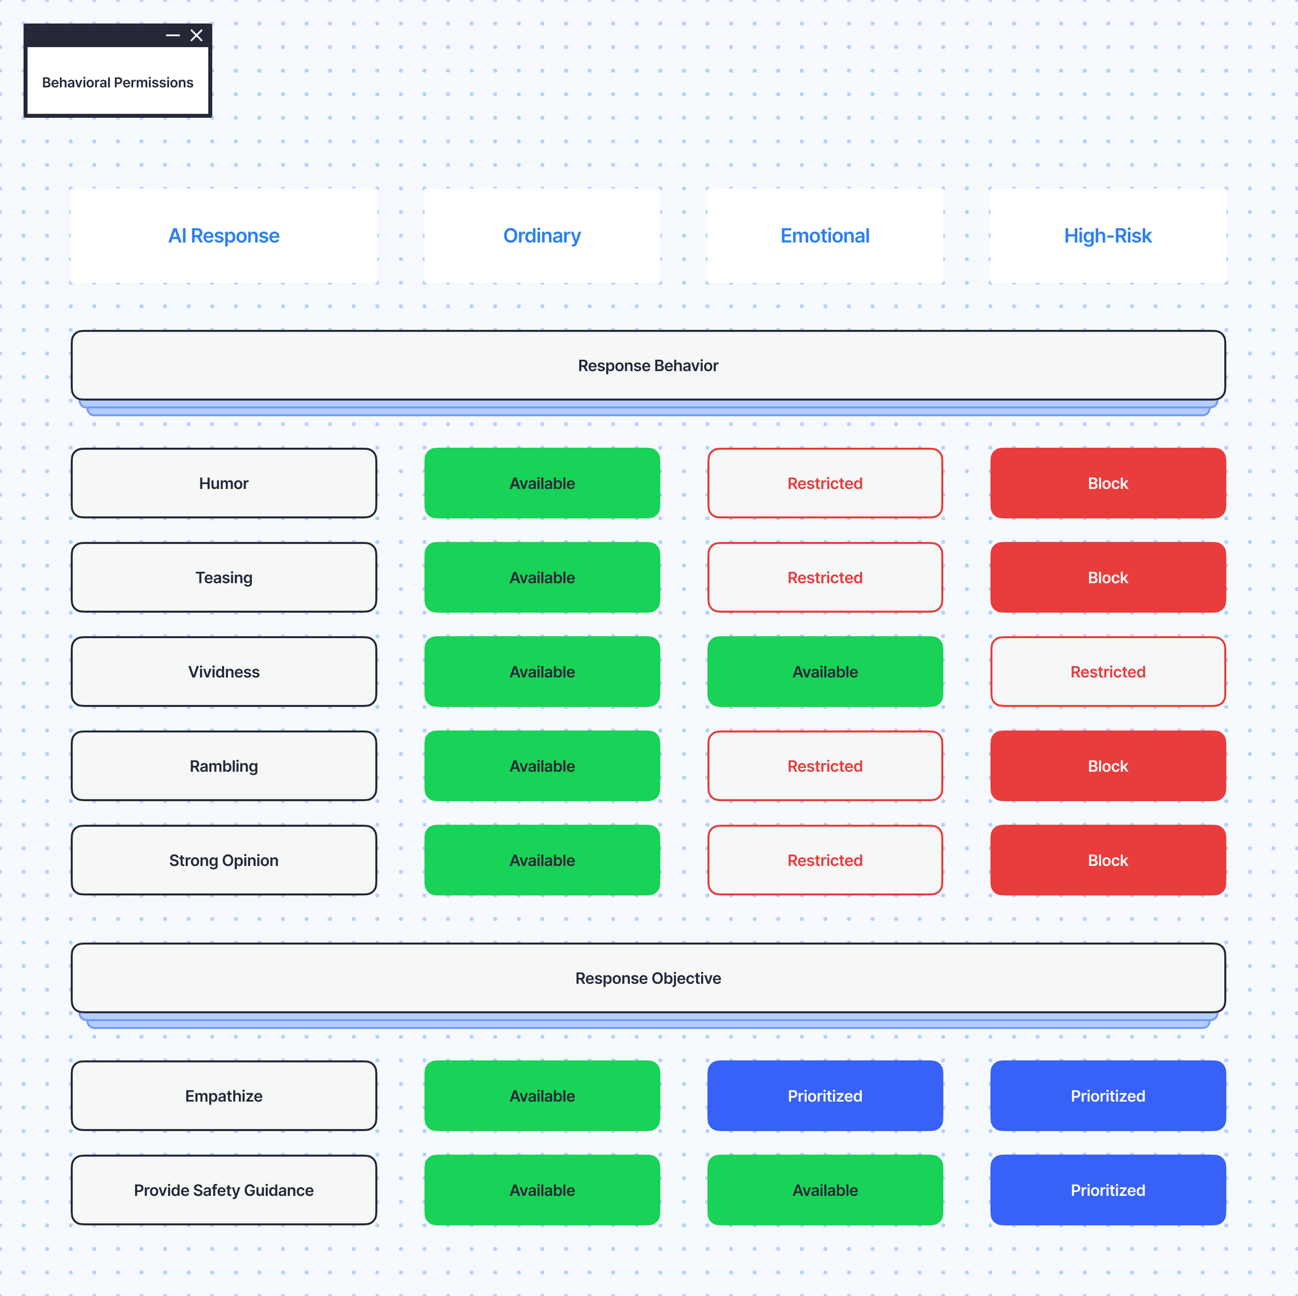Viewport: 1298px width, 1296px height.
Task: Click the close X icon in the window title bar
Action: point(196,36)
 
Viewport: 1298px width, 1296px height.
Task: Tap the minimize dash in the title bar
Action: point(173,36)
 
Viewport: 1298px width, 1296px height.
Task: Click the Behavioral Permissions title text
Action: point(117,82)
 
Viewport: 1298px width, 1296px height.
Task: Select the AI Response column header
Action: point(224,236)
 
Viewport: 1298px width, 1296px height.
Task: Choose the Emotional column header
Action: point(825,236)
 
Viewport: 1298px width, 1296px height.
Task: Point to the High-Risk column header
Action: point(1108,236)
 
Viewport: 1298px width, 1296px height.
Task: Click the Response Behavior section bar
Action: point(648,365)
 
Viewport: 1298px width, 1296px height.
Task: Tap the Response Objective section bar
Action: point(648,978)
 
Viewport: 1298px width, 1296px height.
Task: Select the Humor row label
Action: point(224,484)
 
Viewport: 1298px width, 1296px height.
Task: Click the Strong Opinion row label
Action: point(224,860)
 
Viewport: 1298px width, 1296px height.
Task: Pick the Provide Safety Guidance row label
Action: point(224,1190)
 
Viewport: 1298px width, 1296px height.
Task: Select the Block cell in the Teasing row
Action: point(1108,577)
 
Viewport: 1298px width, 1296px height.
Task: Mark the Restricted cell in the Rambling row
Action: point(825,766)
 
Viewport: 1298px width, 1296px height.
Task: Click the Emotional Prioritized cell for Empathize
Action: point(825,1096)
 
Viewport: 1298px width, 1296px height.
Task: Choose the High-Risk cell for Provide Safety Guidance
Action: point(1108,1190)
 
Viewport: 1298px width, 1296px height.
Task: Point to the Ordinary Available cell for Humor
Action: point(542,484)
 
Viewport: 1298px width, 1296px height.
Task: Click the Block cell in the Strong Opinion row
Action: point(1108,860)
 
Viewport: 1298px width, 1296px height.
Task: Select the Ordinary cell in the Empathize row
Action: point(542,1096)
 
